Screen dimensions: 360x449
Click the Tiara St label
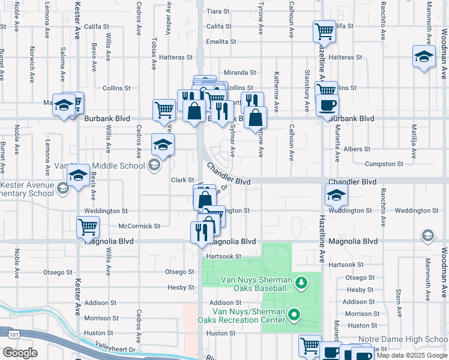218,11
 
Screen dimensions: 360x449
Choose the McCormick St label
139,226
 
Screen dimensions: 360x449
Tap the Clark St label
182,180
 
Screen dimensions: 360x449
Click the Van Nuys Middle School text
99,166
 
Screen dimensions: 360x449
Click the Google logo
19,353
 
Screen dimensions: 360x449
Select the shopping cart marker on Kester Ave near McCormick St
88,226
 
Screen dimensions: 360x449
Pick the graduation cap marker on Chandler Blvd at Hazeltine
336,194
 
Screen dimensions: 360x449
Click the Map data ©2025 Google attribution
412,355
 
